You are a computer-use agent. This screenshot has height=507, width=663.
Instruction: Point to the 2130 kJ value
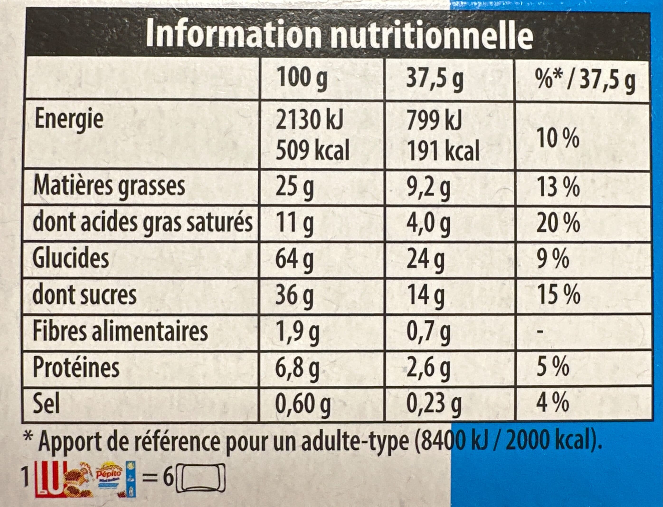[x=309, y=120]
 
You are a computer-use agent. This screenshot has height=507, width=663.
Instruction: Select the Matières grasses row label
[x=109, y=186]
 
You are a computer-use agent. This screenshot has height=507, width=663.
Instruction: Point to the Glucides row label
[x=71, y=259]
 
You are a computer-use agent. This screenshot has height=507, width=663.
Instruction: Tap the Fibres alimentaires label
[x=120, y=331]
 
